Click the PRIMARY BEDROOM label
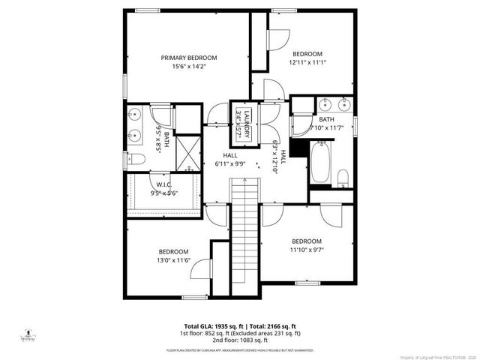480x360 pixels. point(189,58)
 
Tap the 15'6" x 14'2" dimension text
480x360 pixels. point(189,66)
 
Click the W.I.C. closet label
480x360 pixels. point(163,184)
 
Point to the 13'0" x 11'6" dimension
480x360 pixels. point(173,260)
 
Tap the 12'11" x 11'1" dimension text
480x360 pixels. point(307,62)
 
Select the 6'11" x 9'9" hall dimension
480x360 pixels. point(230,163)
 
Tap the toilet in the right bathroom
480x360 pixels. point(343,178)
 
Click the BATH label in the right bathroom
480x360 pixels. point(326,119)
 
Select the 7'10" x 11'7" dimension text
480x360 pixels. point(326,127)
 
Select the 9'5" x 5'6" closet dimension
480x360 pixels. point(163,192)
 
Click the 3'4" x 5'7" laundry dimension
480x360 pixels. point(238,121)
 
